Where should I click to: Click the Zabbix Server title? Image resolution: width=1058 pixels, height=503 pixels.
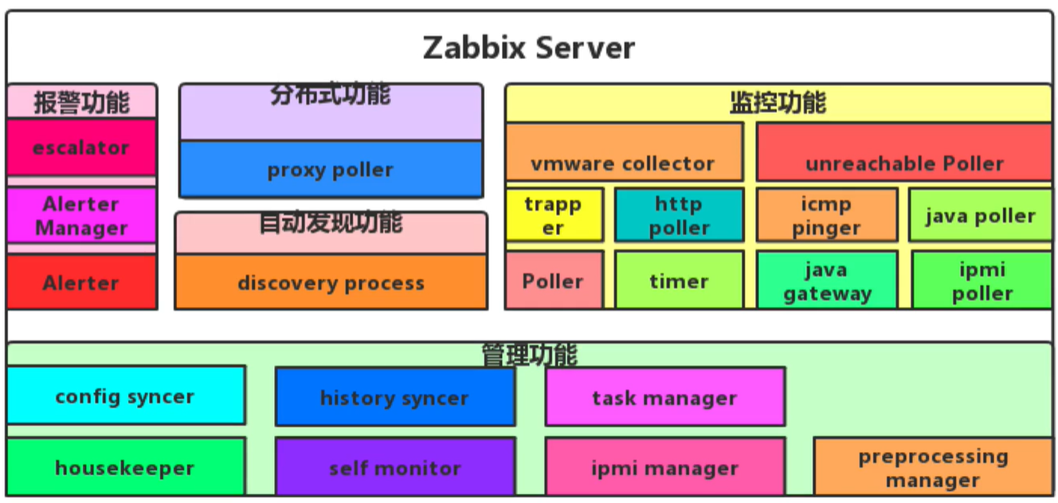[x=528, y=48]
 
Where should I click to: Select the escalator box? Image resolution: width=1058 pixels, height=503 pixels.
[x=81, y=147]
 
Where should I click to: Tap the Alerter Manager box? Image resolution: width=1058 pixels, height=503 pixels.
[x=81, y=215]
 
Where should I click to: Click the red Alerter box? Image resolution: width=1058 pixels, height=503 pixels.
[x=81, y=282]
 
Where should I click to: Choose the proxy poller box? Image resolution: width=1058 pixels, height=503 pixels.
[x=331, y=169]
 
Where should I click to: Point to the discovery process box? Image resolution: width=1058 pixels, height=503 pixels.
[x=331, y=282]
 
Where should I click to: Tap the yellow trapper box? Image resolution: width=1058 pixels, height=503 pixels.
[x=554, y=215]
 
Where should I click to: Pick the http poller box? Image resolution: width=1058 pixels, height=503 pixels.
[x=679, y=215]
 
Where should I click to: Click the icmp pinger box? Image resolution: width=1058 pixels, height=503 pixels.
[x=826, y=215]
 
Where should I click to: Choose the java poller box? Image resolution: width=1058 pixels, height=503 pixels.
[x=980, y=215]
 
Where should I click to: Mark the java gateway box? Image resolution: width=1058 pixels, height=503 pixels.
[x=826, y=281]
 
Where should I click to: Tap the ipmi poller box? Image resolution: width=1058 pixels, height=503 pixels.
[x=982, y=281]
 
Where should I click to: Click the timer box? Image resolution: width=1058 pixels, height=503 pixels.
[x=679, y=281]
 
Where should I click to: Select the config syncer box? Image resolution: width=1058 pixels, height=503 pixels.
[x=125, y=395]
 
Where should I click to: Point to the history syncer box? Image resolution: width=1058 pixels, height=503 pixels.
[x=394, y=397]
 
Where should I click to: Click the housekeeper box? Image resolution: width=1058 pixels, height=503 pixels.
[x=125, y=467]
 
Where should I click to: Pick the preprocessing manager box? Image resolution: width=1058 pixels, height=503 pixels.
[x=932, y=467]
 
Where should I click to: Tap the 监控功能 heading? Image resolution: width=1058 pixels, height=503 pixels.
[x=778, y=103]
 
